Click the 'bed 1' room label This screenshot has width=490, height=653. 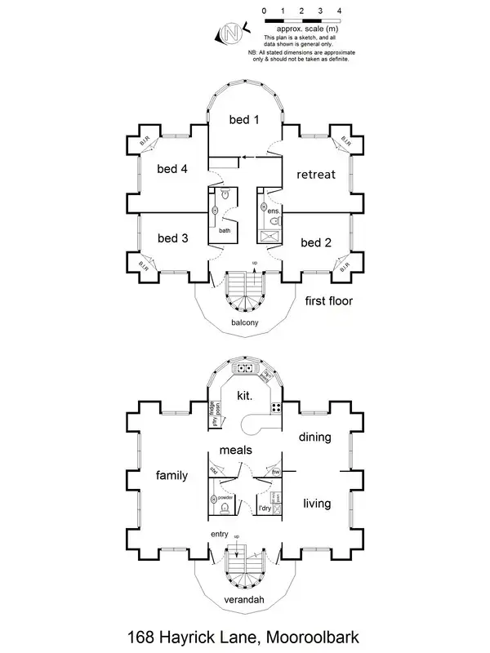tap(244, 120)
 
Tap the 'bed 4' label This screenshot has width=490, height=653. tap(172, 169)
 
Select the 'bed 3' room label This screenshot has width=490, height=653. tap(172, 238)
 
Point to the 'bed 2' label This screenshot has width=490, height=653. tap(315, 242)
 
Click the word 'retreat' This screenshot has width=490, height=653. tap(315, 175)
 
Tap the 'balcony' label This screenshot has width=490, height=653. tap(244, 323)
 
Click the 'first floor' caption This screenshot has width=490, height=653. tap(328, 301)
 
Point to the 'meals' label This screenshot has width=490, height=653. tap(235, 450)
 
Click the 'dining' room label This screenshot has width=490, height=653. tap(314, 437)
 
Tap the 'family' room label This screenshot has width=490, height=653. tap(171, 475)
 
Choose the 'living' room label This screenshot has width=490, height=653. tap(316, 504)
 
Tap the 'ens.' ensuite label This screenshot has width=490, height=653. tap(274, 211)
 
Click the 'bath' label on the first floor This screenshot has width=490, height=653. tap(225, 230)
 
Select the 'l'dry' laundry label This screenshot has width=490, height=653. tap(265, 509)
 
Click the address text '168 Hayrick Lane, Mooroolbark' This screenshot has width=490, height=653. tap(244, 635)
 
